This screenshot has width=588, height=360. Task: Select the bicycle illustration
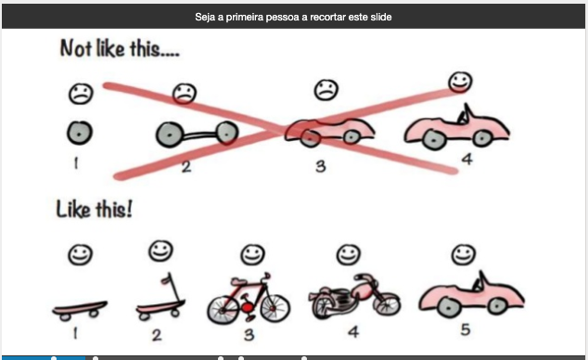pos(249,299)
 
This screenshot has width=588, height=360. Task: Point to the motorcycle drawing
pos(354,296)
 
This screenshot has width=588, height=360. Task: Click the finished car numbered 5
pos(471,296)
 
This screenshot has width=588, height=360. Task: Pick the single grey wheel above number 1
pos(80,133)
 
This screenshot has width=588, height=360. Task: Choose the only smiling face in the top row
pos(461,82)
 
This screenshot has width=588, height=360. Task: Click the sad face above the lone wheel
pos(81,94)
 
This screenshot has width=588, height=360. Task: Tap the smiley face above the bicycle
pos(253,254)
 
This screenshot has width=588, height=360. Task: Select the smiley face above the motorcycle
pos(349,254)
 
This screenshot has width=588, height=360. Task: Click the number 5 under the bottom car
pos(466,329)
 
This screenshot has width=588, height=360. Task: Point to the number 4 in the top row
pos(467,160)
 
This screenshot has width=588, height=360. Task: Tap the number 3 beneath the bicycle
pos(249,335)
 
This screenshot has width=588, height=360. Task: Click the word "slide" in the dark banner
pos(381,17)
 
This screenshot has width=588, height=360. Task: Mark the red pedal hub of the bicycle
pos(247,308)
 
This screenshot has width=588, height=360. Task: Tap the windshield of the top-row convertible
pos(465,114)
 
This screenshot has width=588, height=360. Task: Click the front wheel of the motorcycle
pos(386,303)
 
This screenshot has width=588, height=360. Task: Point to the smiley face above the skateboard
pos(81,254)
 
